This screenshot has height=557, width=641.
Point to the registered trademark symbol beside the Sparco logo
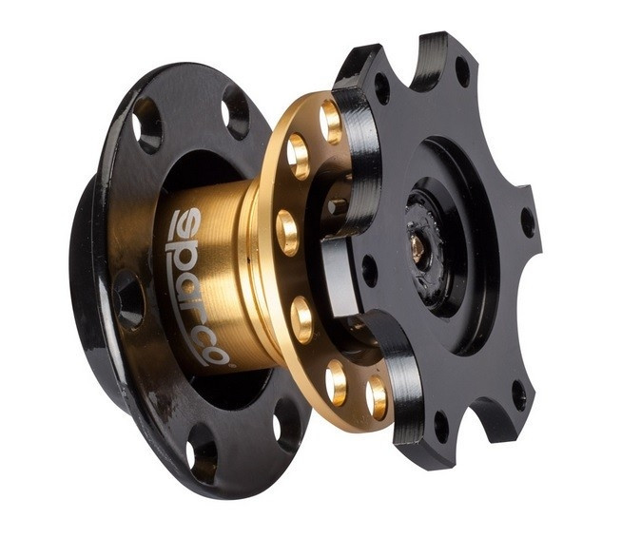tap(229, 366)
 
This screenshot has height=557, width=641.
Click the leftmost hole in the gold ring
tap(287, 233)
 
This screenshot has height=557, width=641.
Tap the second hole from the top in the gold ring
tap(299, 156)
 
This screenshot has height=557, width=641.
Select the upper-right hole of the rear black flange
tap(236, 111)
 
